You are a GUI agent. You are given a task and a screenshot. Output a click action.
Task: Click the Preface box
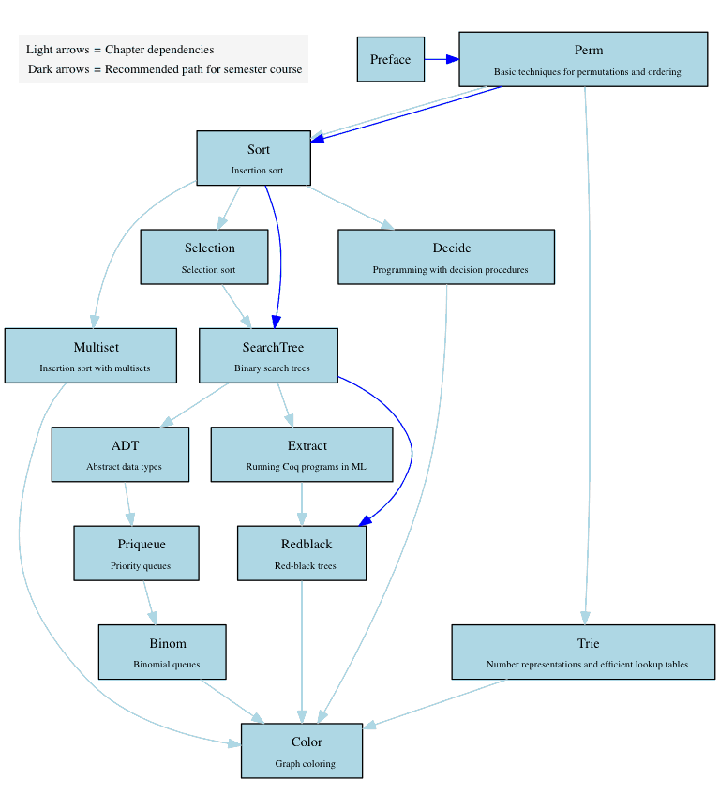coord(390,59)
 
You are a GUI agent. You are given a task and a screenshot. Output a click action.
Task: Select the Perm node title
coord(589,50)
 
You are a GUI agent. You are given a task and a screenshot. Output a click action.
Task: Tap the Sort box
coord(253,157)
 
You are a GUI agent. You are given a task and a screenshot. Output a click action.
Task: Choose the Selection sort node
coord(204,256)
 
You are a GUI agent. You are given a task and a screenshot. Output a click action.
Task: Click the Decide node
coord(446,256)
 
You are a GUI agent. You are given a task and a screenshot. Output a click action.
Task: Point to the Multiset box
coord(91,355)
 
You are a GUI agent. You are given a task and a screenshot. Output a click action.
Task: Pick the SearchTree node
coord(268,355)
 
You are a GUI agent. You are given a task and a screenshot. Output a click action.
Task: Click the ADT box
coord(120,454)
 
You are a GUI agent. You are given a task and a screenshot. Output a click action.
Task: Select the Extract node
coord(302,454)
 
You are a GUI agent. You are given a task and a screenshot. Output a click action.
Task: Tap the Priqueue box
coord(137,552)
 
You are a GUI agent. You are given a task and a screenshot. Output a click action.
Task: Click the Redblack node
coord(302,552)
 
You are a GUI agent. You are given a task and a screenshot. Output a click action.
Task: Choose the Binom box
coord(162,652)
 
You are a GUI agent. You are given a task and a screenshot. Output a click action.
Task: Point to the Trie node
coord(583,652)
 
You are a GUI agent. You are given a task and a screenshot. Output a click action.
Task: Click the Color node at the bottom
coord(302,750)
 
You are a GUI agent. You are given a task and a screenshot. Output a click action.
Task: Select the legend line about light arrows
coord(120,50)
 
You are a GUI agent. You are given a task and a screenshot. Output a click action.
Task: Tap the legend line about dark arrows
coord(165,69)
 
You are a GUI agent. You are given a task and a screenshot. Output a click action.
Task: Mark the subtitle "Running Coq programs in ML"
coord(306,467)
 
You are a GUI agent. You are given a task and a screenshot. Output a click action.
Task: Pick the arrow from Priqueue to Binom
coord(149,602)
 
